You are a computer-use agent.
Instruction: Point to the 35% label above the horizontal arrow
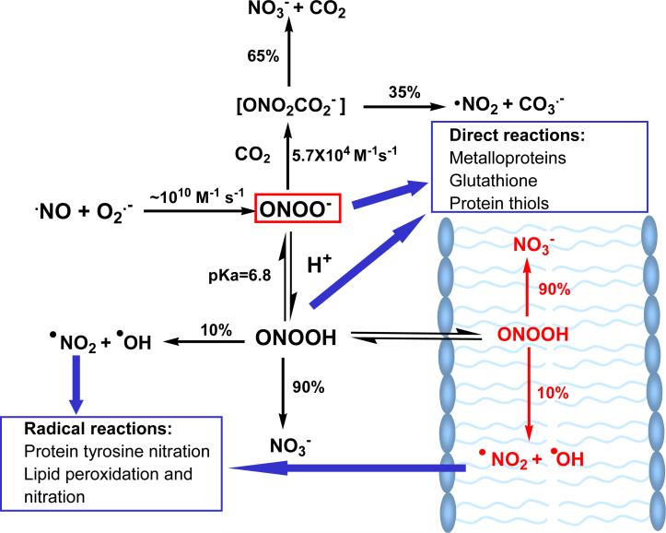point(404,92)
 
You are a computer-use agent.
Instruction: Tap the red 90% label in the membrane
point(555,289)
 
